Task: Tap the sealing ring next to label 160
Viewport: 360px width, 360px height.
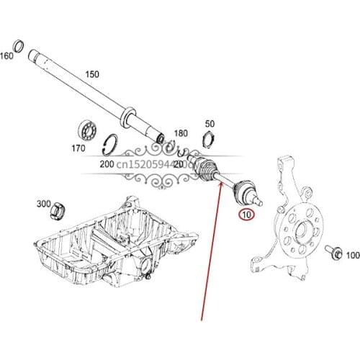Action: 19,49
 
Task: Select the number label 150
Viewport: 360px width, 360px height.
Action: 92,74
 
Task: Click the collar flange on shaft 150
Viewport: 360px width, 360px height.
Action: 130,114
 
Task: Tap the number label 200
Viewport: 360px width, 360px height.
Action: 108,164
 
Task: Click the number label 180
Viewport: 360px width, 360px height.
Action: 180,133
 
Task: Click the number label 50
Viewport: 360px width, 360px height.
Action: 210,124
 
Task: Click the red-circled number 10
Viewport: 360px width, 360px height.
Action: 247,214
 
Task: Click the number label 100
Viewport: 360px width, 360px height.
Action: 352,256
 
